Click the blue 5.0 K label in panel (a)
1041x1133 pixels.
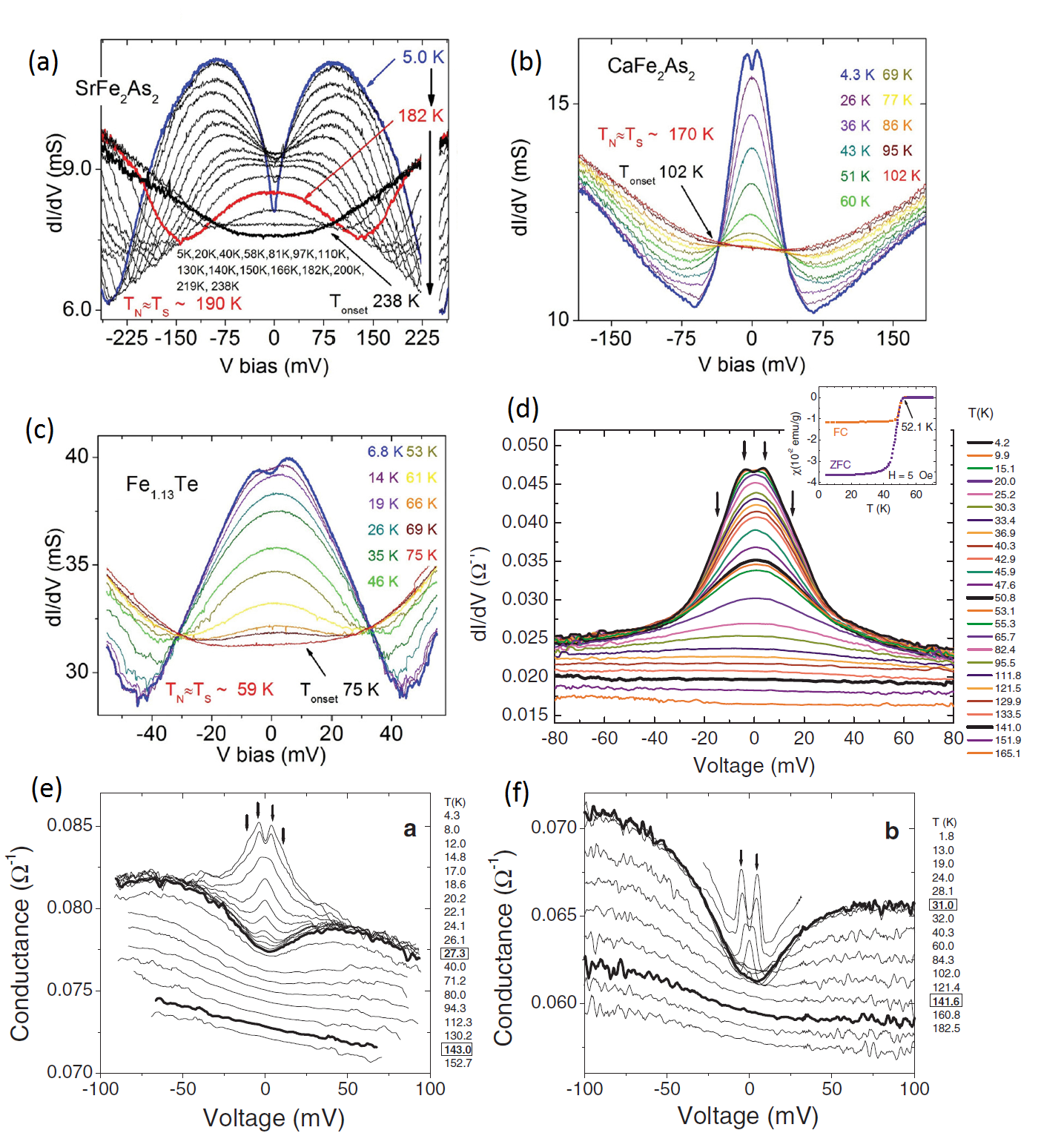(423, 57)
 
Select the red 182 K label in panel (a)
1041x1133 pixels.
(420, 116)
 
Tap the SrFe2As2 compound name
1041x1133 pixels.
(116, 90)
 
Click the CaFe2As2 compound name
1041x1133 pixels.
(651, 67)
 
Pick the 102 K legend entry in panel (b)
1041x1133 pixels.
(901, 176)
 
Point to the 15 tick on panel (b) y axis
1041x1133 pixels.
(558, 103)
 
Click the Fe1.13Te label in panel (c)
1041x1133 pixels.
(162, 486)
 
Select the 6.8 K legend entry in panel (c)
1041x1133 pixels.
(385, 452)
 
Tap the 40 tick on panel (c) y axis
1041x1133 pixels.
(77, 456)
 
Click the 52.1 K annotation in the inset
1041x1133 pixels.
(916, 427)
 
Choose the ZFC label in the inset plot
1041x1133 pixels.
(840, 465)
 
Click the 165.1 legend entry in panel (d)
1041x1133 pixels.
(1007, 753)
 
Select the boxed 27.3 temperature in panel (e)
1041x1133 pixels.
(455, 954)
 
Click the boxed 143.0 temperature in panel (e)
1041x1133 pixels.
(457, 1049)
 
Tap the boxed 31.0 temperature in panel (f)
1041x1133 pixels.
(943, 905)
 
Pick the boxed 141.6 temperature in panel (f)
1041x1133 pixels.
(946, 1002)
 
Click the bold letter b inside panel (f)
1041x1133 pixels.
(892, 832)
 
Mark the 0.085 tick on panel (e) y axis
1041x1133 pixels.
(70, 825)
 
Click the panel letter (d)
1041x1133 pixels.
(523, 409)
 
